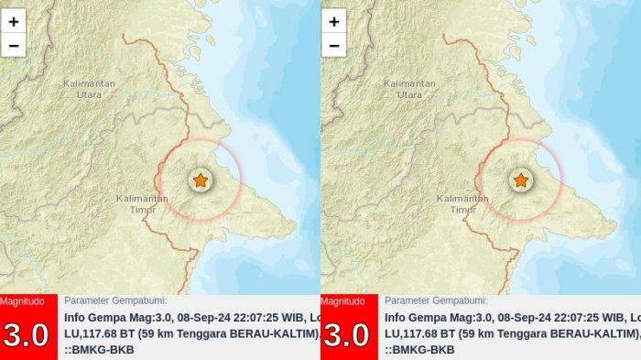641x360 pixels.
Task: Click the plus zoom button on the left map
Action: (x=14, y=21)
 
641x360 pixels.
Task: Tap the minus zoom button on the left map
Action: (x=14, y=44)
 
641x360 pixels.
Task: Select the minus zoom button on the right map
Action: (x=334, y=44)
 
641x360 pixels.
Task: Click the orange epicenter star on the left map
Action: (x=200, y=180)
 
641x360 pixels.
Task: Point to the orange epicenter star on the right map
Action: (x=520, y=180)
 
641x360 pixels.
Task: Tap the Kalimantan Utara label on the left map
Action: (x=89, y=88)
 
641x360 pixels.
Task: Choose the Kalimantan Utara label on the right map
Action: (x=409, y=88)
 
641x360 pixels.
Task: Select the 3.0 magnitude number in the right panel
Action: (x=346, y=334)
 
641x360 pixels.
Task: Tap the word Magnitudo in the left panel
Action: (x=22, y=301)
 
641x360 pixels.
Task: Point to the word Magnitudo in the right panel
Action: (x=342, y=301)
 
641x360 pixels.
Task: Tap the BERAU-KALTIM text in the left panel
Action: (x=272, y=334)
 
